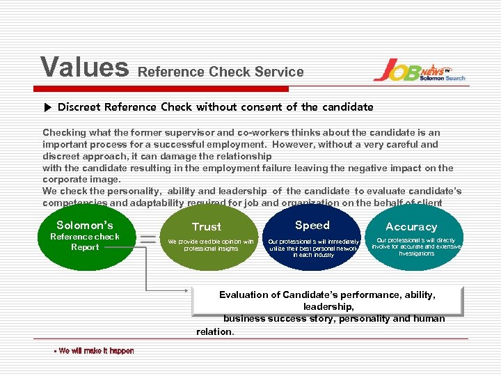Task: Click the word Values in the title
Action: pos(84,68)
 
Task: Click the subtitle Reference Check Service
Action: pos(221,72)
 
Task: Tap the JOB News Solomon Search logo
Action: pos(419,70)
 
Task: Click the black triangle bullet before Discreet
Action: pos(47,107)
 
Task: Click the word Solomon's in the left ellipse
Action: pos(84,225)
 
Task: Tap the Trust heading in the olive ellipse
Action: pos(207,227)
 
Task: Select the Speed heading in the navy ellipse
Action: pos(312,225)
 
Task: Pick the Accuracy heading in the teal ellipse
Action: pos(411,227)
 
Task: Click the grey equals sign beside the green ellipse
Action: pos(148,239)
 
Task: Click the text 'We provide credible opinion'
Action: pos(211,242)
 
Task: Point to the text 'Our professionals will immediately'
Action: pos(314,242)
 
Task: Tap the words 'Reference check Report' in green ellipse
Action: pos(85,242)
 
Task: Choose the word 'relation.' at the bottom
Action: pos(216,331)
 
